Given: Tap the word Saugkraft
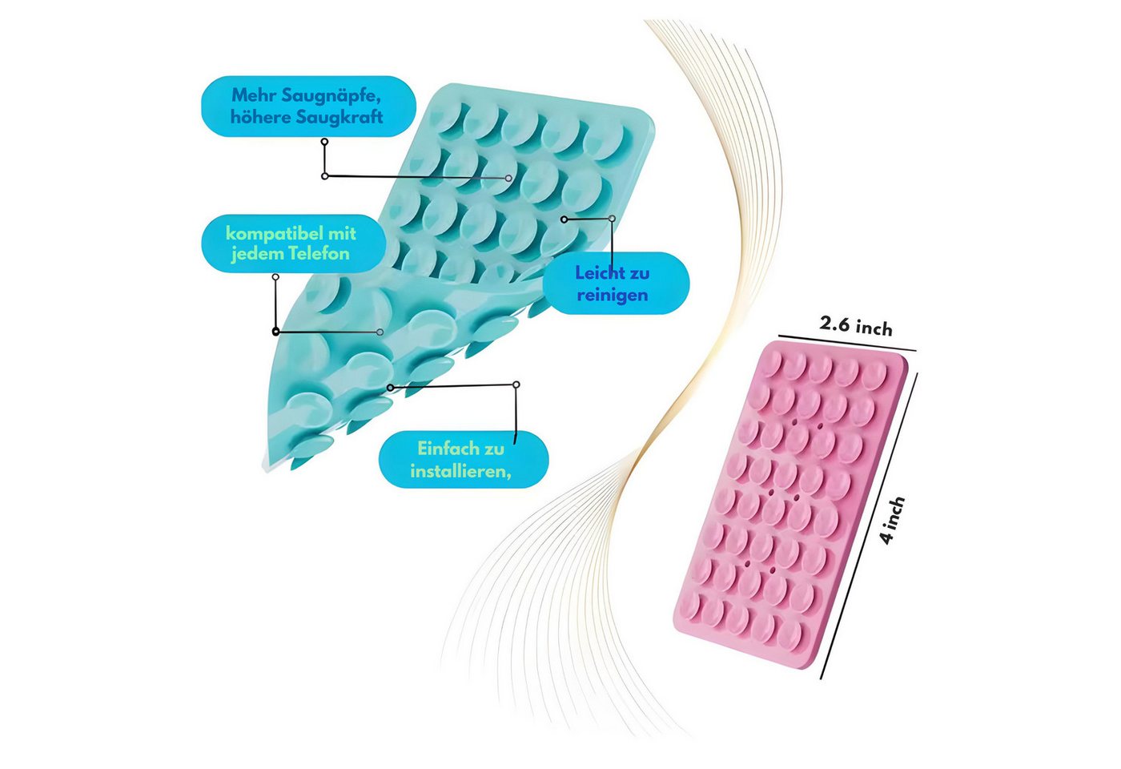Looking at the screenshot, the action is (340, 117).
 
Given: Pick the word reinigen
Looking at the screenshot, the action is (613, 296).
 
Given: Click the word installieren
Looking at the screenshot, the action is (460, 472).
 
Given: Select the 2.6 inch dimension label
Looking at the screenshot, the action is (856, 327).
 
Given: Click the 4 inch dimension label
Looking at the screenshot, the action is (893, 520).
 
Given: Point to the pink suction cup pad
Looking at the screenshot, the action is (791, 503).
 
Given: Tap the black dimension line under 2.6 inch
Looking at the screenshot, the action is (847, 343).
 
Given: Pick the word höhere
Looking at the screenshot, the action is (261, 117).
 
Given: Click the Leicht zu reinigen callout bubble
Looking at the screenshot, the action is (616, 284).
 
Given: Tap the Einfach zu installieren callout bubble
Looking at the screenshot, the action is (464, 459).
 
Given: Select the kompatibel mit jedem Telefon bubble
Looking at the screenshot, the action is (294, 244).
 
